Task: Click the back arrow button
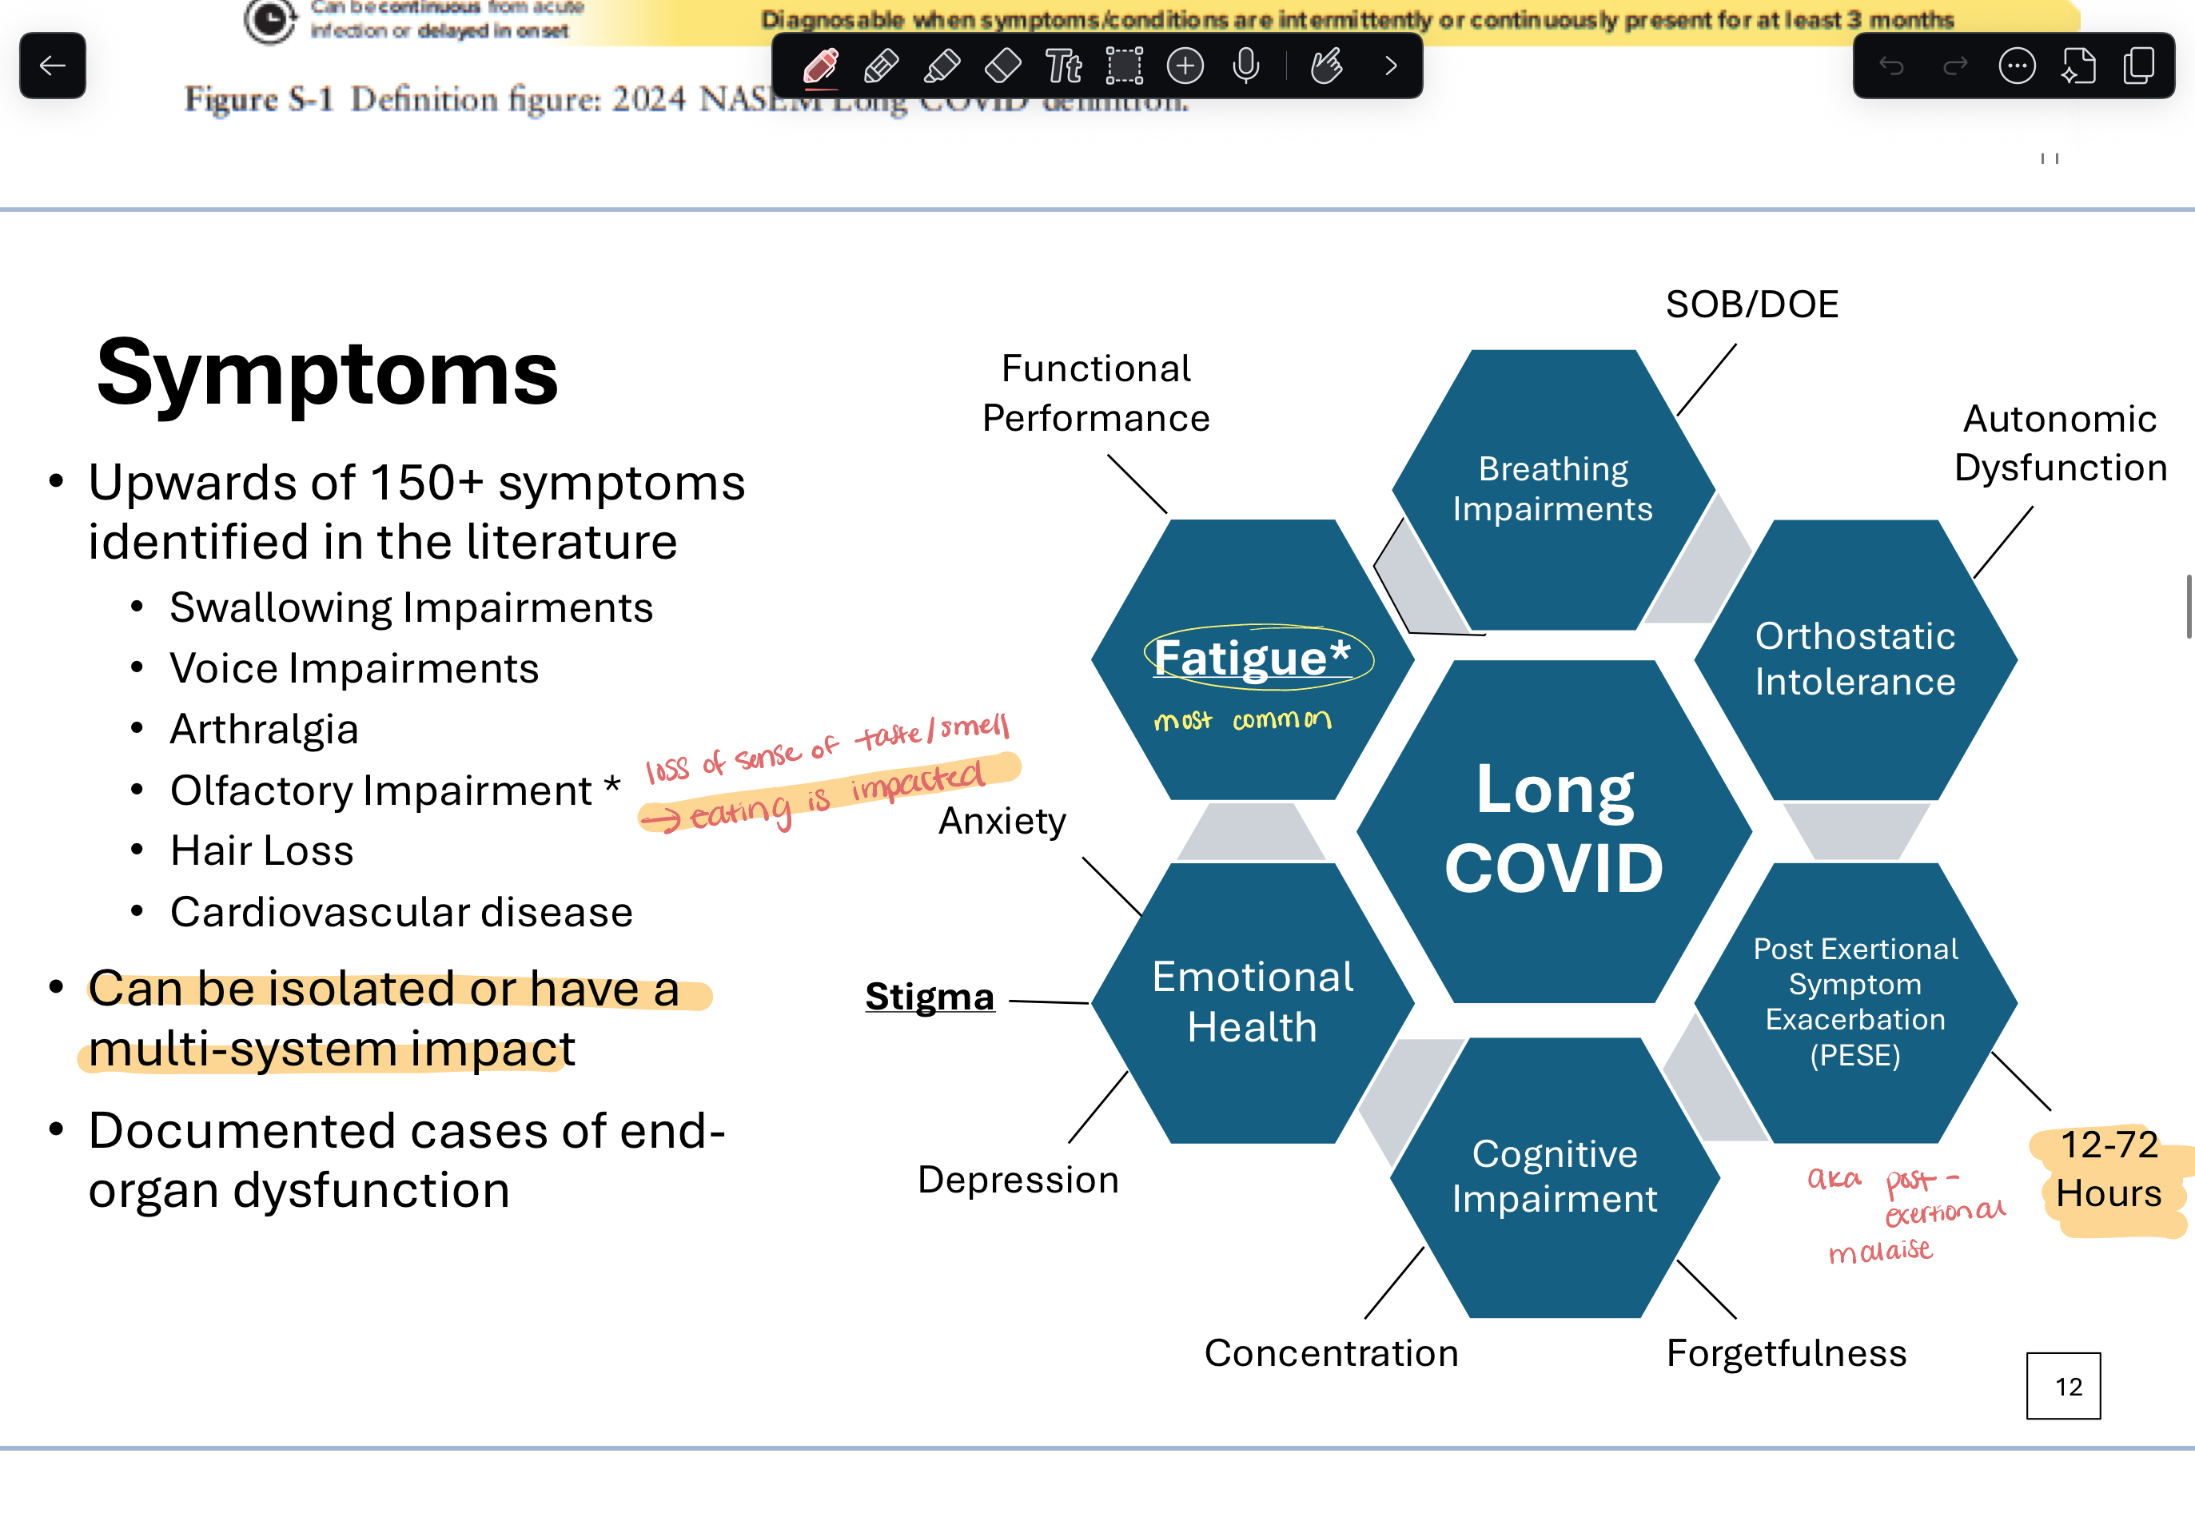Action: pos(53,66)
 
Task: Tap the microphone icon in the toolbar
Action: pos(1245,66)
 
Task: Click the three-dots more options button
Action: pos(2016,66)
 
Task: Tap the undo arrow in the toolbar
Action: pos(1891,66)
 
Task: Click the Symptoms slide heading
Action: pos(327,372)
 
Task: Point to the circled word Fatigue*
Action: pos(1252,657)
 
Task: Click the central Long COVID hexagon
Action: pos(1554,830)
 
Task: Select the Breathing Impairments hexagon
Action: pos(1553,489)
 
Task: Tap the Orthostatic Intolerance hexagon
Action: pos(1854,659)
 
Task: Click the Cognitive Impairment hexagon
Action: pos(1555,1177)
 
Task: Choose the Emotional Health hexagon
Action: pos(1252,1001)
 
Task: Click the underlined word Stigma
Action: pos(930,997)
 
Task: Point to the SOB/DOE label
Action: pos(1751,305)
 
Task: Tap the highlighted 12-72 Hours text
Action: pos(2108,1169)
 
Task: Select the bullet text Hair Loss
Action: pos(262,850)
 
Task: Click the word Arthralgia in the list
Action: pos(264,729)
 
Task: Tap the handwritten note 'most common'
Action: pos(1241,720)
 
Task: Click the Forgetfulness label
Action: pos(1785,1353)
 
